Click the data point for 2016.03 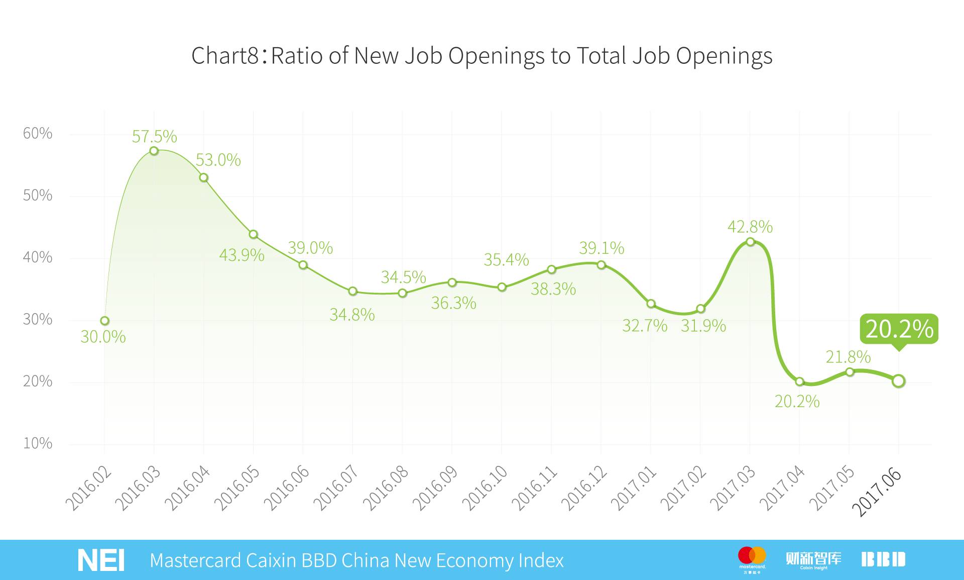point(154,151)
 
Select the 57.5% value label point(154,136)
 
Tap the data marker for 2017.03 point(750,242)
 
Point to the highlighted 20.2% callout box point(899,329)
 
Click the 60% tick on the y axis point(38,133)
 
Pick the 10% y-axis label point(38,443)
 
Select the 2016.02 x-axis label point(88,489)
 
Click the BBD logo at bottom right point(883,559)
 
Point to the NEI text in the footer point(101,560)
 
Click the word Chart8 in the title point(225,55)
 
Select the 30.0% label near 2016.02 point(103,337)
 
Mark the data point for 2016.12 point(601,265)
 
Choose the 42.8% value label point(750,227)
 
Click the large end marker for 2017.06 point(899,381)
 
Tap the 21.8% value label point(848,357)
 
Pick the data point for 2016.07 point(352,292)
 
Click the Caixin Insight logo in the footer point(813,559)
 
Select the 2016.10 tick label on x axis point(485,489)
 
